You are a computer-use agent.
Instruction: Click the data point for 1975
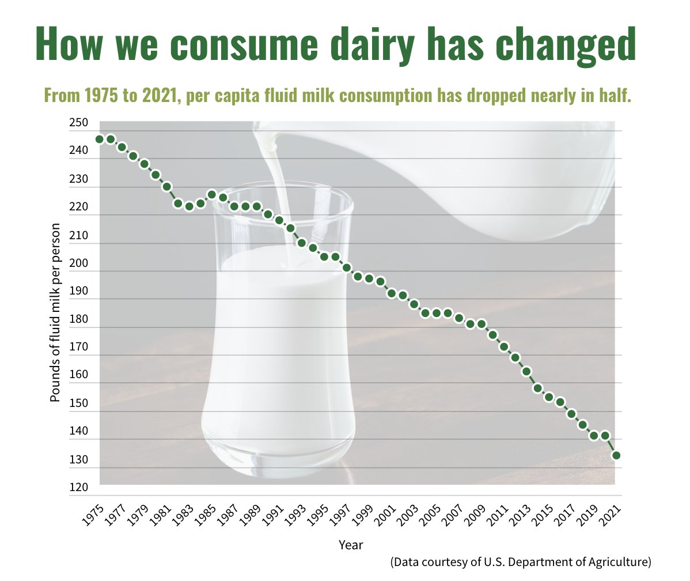tap(100, 139)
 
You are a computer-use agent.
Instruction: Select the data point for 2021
tap(616, 455)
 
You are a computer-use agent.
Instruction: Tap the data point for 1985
tap(212, 195)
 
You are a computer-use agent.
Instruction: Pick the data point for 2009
tap(482, 324)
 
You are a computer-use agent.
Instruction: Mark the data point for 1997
tap(347, 267)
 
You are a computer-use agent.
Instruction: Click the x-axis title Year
tap(351, 544)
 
